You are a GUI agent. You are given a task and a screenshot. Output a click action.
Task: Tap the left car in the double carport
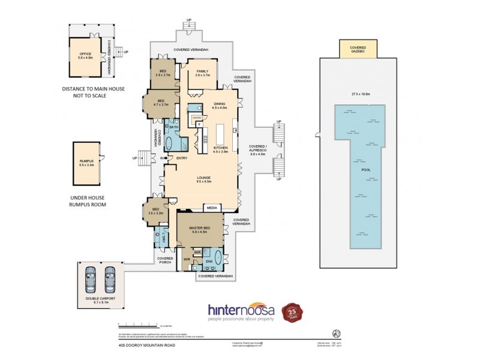[x=94, y=278]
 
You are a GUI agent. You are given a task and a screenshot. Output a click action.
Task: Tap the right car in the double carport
[x=110, y=278]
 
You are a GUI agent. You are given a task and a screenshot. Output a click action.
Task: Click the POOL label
[x=365, y=170]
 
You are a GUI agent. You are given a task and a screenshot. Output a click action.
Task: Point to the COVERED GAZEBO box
[x=358, y=49]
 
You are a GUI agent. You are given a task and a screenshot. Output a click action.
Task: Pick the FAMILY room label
[x=202, y=73]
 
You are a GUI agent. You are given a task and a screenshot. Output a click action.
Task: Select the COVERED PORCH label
[x=165, y=260]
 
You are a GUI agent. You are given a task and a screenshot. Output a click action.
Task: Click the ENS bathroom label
[x=210, y=262]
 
